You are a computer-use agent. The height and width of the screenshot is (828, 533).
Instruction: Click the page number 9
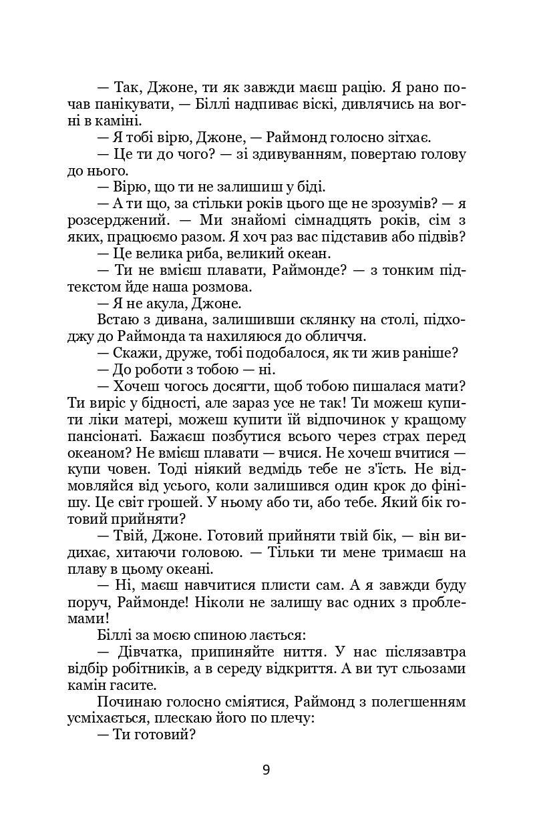[266, 770]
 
